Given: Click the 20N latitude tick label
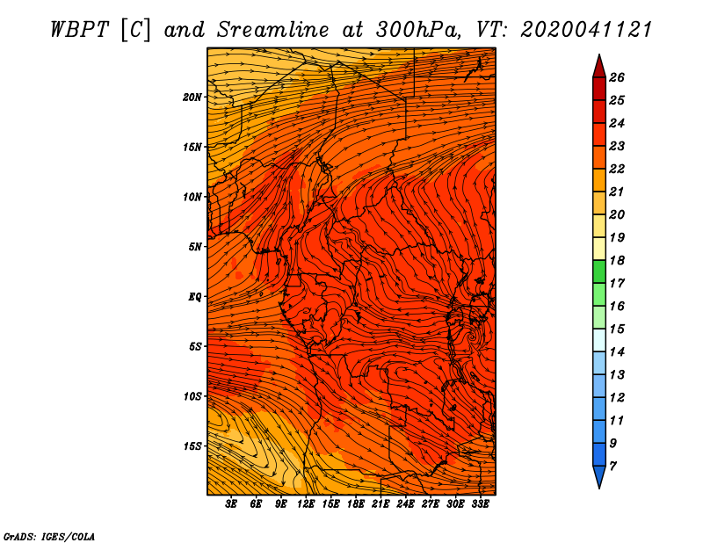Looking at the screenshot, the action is click(192, 98).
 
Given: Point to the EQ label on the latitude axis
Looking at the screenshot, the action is click(195, 297).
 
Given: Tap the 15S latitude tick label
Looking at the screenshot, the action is click(192, 446).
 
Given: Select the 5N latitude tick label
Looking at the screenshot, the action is click(195, 247).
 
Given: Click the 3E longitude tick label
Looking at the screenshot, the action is click(230, 504).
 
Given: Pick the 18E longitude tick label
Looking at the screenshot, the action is click(355, 504).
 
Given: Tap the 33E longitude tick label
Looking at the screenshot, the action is click(480, 504).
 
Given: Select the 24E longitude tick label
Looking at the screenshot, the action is click(405, 504).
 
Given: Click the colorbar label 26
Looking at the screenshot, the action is click(617, 77).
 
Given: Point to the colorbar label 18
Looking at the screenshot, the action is click(617, 260).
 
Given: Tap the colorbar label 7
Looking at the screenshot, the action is click(612, 467).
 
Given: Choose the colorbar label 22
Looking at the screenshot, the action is click(617, 169).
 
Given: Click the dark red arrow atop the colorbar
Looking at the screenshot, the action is click(599, 67).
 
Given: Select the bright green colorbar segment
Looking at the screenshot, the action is click(599, 271).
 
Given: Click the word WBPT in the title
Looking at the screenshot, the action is click(79, 30).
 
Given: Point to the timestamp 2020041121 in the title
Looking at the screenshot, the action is click(586, 30).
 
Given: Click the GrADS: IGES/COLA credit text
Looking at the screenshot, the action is click(49, 537).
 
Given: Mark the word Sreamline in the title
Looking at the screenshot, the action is click(273, 30).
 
